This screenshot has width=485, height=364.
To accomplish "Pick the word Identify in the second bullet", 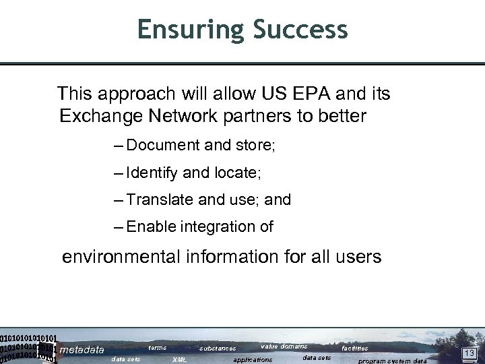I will pos(153,173).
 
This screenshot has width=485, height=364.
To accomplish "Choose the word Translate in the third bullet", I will pos(162,200).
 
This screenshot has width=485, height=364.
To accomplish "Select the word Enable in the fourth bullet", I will pos(150,227).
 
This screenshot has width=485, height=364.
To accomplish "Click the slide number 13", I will pos(470,353).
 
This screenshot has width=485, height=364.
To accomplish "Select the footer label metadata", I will pos(82,350).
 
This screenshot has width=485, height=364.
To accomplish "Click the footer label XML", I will pos(180,360).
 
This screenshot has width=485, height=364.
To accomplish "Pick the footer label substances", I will pos(218,348).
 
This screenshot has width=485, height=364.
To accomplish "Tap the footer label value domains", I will pos(284,346).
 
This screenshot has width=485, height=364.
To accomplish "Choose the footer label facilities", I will pos(355,348).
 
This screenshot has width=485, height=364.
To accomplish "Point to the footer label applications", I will pos(253,360).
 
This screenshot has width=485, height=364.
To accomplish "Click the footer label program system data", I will pos(393,361).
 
